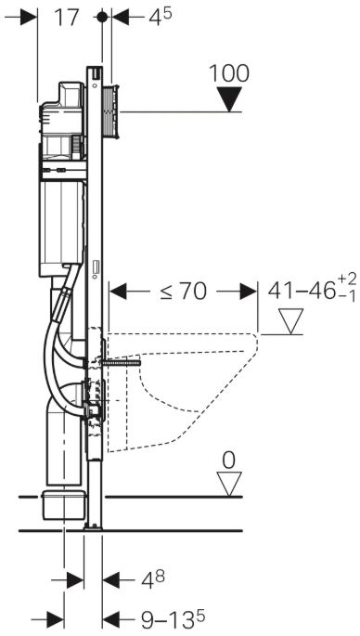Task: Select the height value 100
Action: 229,73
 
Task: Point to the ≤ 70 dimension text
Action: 183,292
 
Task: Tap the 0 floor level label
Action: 228,461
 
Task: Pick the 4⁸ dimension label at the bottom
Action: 153,580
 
